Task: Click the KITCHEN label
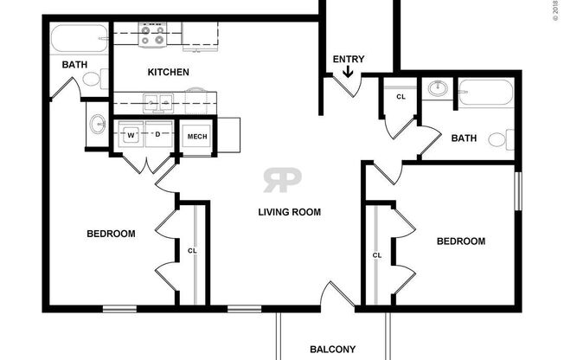pos(168,72)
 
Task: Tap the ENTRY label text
pos(349,60)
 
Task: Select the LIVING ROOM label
pos(289,211)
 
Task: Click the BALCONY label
pos(332,350)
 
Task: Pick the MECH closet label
pos(195,136)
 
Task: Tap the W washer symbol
pos(131,135)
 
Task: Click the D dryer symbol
pos(158,135)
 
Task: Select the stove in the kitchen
pos(153,35)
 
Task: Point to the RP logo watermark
pos(283,180)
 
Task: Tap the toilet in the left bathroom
pos(91,80)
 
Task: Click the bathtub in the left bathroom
pos(78,40)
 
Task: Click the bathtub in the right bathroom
pos(485,92)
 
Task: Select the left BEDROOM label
pos(112,234)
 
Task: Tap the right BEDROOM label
pos(459,241)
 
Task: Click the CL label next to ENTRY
pos(401,97)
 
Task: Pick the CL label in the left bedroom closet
pos(192,252)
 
